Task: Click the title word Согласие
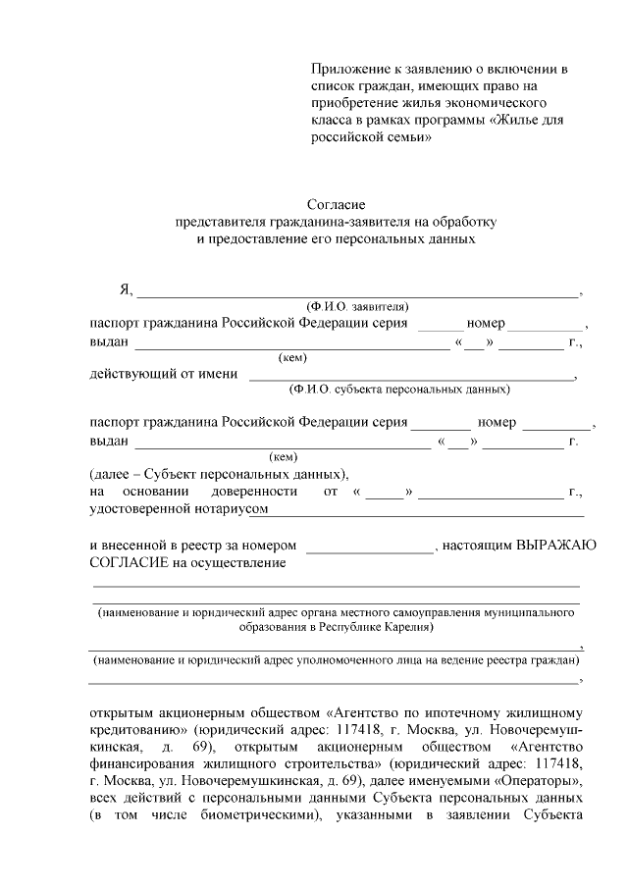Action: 337,204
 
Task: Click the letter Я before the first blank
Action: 125,289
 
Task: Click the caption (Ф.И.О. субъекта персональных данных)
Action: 398,390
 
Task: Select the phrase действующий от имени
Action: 164,374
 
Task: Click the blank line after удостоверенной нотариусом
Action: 427,511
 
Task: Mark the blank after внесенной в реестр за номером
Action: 370,549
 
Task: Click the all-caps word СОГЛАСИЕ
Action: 129,562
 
